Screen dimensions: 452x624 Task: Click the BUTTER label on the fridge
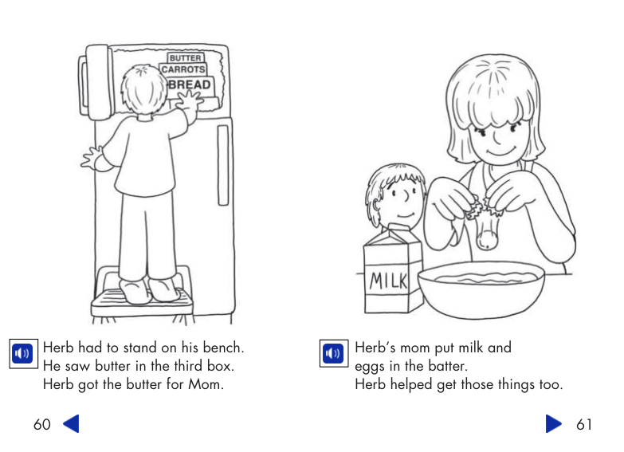(185, 58)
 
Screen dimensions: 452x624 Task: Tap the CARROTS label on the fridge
(183, 70)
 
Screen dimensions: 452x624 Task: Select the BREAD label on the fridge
(190, 85)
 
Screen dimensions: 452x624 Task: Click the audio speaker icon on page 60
(22, 352)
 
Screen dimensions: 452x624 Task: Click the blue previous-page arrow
(71, 424)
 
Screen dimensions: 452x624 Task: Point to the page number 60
(41, 424)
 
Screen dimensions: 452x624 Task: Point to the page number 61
(584, 424)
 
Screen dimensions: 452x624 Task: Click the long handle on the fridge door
(223, 164)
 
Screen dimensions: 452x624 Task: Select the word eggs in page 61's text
(369, 367)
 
